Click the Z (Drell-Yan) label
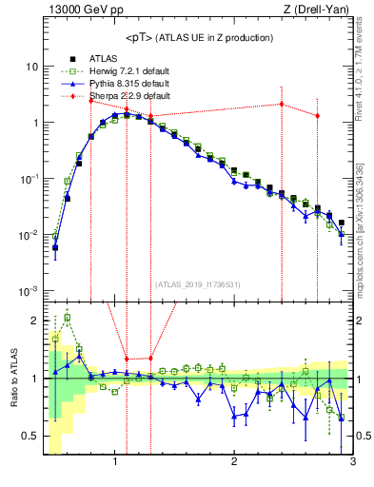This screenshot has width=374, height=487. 319,10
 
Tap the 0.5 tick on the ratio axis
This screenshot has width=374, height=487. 31,436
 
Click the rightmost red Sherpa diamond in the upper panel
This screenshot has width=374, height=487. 318,115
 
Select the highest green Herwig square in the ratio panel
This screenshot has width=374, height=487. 68,318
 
